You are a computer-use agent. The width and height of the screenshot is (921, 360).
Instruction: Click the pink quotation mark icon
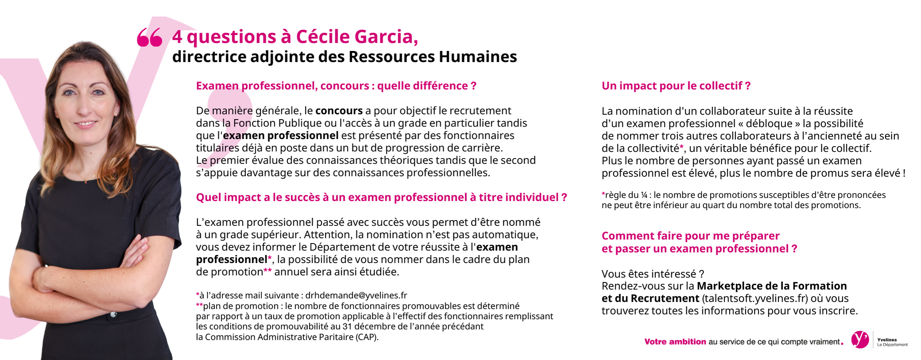(149, 37)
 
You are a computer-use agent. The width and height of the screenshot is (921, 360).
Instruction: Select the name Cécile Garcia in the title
(357, 37)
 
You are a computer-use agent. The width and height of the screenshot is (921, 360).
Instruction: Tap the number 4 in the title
(177, 37)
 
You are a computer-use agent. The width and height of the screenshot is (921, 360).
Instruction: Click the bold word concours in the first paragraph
(339, 111)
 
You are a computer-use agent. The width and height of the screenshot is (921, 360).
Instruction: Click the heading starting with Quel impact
(381, 197)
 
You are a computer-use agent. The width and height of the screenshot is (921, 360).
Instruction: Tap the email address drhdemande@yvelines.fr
(356, 295)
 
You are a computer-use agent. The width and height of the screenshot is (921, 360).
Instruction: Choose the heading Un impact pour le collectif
(676, 86)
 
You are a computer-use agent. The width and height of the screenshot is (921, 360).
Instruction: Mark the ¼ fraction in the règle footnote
(644, 195)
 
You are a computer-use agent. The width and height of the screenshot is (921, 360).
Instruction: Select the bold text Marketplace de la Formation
(772, 286)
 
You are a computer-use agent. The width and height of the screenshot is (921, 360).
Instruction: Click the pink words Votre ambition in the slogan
(675, 342)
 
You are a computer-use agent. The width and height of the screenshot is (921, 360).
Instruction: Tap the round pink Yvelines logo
(860, 340)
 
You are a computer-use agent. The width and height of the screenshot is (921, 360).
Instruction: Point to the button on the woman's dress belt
(113, 314)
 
